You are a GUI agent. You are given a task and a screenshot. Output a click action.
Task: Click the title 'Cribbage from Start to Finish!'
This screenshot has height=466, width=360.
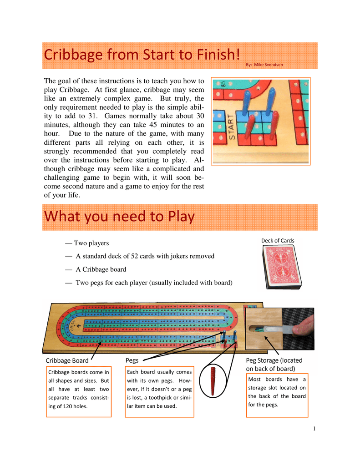coord(142,55)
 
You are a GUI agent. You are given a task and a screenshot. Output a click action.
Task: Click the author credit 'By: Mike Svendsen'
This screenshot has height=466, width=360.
coord(264,65)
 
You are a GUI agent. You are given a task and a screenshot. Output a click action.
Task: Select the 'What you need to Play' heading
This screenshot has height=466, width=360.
coord(119,217)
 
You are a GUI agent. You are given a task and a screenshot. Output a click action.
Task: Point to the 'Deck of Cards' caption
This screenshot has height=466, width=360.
coord(278,241)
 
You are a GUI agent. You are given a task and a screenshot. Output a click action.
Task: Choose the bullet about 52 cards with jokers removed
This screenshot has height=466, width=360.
coord(145,256)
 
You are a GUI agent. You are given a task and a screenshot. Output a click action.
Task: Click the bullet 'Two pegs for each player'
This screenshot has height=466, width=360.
coord(153,283)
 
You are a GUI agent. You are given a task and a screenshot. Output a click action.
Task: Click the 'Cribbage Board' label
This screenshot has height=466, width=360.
coord(67,361)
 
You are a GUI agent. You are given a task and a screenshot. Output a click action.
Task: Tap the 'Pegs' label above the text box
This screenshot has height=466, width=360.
coord(132,360)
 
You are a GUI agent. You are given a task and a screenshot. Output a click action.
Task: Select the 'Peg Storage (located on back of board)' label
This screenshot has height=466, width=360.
coord(274,364)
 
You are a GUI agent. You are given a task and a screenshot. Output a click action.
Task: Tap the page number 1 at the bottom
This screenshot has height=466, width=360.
coord(314,429)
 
